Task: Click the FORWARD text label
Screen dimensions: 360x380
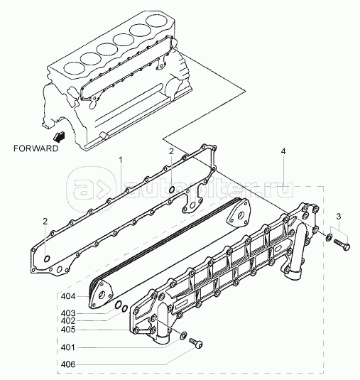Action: tap(36, 148)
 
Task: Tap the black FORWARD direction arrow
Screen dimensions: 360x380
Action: tap(59, 136)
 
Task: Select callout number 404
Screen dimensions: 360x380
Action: tap(68, 296)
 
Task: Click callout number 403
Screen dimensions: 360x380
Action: tap(68, 313)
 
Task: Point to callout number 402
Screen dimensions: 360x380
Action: tap(68, 321)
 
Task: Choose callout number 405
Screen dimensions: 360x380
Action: tap(68, 330)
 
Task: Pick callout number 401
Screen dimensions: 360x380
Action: tap(68, 348)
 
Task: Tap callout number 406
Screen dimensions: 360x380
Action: tap(68, 364)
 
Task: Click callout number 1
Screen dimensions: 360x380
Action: tap(121, 160)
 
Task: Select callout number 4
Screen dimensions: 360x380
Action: tap(283, 151)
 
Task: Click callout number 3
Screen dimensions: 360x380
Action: tap(339, 217)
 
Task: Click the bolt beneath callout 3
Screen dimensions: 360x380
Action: tap(342, 244)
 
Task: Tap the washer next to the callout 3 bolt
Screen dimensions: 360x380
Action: tap(329, 237)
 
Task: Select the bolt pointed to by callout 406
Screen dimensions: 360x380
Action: tap(195, 343)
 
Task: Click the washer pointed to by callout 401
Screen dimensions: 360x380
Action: tap(183, 335)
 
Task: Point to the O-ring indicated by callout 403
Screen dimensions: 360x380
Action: tap(118, 305)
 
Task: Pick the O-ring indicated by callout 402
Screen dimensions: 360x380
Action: tap(124, 308)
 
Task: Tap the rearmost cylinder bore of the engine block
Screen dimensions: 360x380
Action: tap(157, 21)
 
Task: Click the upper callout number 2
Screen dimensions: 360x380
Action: tap(171, 151)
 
